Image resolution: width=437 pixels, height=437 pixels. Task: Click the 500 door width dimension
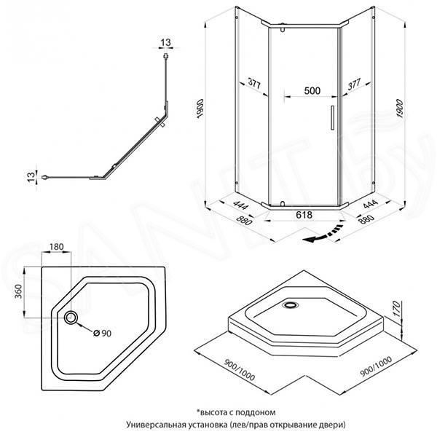click(x=312, y=90)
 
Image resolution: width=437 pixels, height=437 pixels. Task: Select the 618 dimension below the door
click(x=304, y=215)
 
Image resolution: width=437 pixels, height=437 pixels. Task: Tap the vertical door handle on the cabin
click(x=332, y=117)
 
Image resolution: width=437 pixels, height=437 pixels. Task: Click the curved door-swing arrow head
click(x=311, y=239)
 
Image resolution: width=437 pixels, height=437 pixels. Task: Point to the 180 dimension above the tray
click(x=57, y=247)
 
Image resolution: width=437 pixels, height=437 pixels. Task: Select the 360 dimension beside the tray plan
click(x=18, y=291)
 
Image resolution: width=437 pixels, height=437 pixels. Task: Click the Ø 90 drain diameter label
click(x=102, y=333)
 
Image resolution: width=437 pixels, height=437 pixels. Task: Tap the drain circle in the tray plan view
click(x=71, y=318)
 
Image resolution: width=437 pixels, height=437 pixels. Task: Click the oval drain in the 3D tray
click(x=291, y=305)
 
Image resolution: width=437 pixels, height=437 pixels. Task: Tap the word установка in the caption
click(x=208, y=425)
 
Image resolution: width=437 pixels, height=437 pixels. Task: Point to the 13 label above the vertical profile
click(x=165, y=42)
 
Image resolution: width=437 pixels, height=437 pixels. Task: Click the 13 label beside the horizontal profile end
click(x=31, y=177)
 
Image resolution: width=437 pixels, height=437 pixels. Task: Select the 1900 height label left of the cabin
click(x=201, y=109)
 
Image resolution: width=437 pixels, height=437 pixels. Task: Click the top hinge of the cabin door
click(x=283, y=28)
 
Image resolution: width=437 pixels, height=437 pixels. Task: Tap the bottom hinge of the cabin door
click(x=283, y=204)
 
